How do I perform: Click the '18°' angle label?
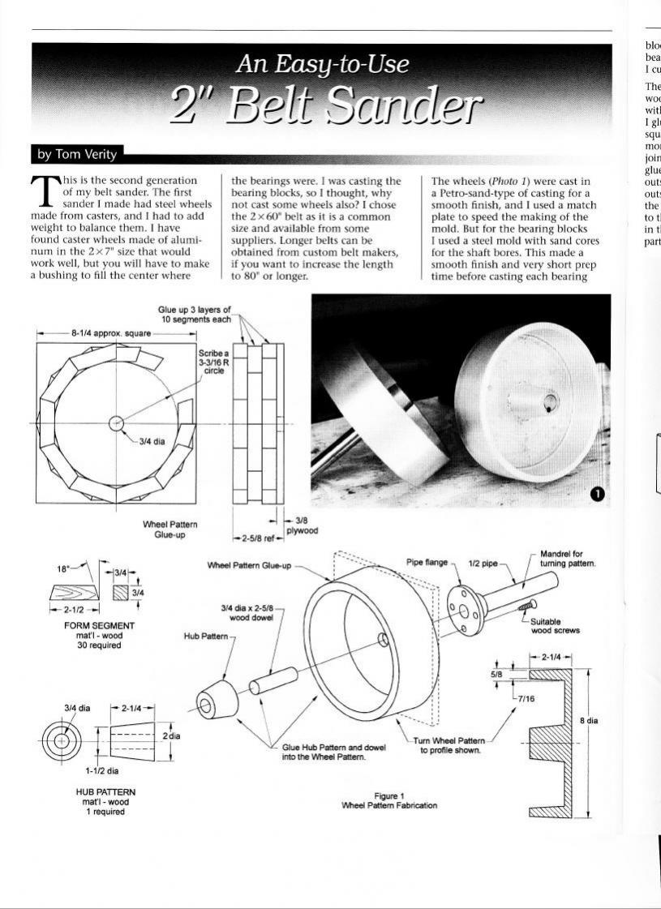click(63, 569)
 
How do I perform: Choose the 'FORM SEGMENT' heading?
click(99, 626)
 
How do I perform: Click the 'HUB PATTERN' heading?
click(98, 791)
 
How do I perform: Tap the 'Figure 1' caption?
click(389, 796)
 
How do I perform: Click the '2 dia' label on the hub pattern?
click(170, 735)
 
